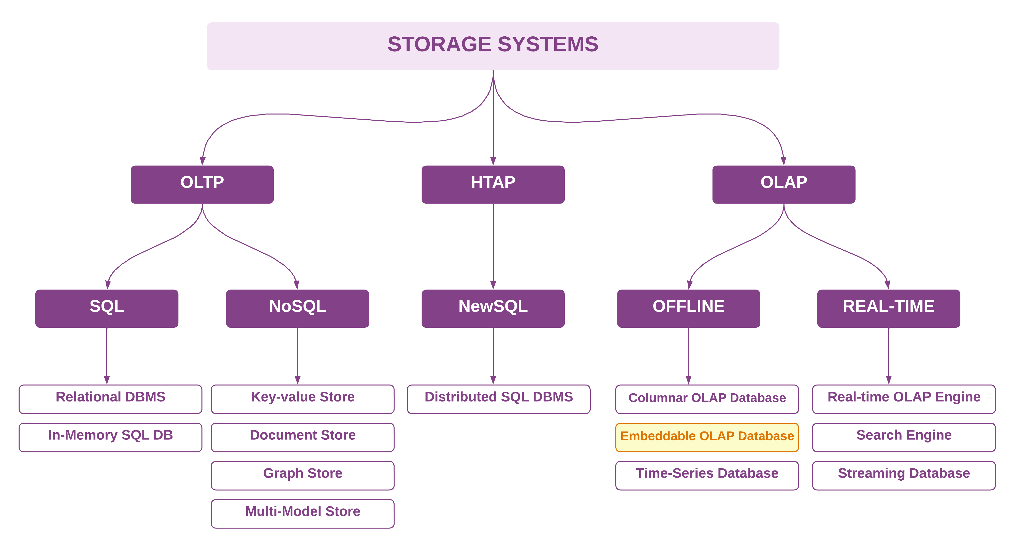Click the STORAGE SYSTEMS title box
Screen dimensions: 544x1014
point(493,46)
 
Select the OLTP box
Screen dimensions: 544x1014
point(202,184)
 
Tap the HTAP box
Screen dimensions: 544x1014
point(493,184)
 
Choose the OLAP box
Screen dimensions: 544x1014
point(783,184)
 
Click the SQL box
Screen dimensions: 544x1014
point(107,308)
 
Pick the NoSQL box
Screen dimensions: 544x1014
point(297,308)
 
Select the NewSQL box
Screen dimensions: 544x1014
point(493,308)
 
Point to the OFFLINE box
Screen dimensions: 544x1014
point(688,308)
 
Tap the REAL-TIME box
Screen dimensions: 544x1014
point(888,308)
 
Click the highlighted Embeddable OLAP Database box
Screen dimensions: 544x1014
point(707,437)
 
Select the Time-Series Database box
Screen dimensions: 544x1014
point(707,475)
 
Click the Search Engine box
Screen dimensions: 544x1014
point(904,437)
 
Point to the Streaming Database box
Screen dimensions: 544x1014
point(904,475)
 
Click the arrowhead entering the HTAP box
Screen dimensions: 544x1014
point(493,161)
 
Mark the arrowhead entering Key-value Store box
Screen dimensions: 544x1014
point(298,380)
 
